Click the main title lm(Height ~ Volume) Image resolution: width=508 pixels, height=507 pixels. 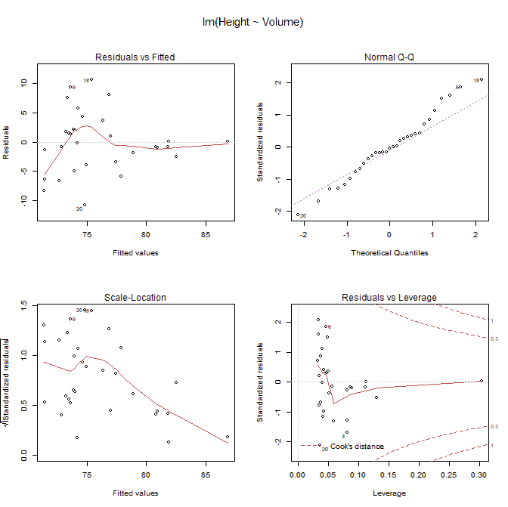click(253, 22)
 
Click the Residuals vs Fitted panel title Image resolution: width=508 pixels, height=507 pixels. click(135, 57)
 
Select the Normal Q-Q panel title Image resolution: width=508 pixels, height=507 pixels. click(389, 57)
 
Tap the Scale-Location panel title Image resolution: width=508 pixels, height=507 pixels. click(135, 298)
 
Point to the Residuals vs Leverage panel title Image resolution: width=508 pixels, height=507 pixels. click(389, 298)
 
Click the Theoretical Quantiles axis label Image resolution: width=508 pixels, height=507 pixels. click(389, 252)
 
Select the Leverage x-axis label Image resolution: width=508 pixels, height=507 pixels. click(389, 493)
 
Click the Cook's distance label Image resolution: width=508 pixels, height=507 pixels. click(357, 447)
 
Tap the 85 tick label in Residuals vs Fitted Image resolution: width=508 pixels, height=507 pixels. click(206, 233)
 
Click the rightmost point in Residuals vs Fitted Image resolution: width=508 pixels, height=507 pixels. click(228, 141)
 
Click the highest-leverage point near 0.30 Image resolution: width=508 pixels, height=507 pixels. click(482, 381)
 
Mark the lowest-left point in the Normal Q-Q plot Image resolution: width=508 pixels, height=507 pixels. click(297, 215)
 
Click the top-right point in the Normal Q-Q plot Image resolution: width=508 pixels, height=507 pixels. click(482, 79)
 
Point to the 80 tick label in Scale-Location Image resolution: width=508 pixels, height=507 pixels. click(146, 474)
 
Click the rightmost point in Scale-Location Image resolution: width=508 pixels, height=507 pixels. click(228, 437)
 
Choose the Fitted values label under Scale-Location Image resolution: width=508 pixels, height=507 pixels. click(135, 493)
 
